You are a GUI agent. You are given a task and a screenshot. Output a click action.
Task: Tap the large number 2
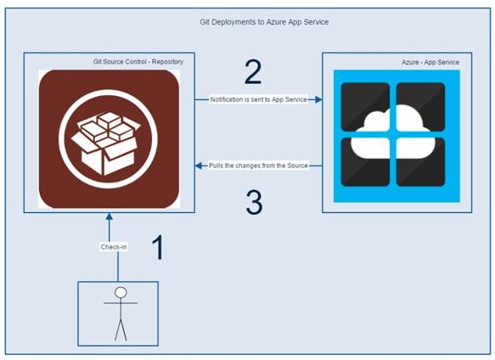253,73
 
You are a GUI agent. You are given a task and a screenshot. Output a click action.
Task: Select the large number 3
253,202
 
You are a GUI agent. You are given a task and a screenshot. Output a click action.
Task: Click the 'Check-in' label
115,247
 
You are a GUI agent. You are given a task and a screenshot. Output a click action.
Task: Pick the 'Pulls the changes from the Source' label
258,166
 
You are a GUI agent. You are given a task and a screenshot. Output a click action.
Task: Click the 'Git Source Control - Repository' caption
138,62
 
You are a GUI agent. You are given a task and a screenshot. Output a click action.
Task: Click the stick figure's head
121,293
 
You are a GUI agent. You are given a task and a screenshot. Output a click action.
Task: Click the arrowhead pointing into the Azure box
318,99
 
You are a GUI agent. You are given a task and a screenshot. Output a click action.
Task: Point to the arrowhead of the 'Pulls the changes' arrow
199,166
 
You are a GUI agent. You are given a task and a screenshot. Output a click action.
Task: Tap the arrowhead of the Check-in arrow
109,217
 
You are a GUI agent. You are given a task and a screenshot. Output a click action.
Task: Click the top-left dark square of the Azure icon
364,106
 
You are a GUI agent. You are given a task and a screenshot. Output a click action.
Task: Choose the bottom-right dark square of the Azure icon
420,162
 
